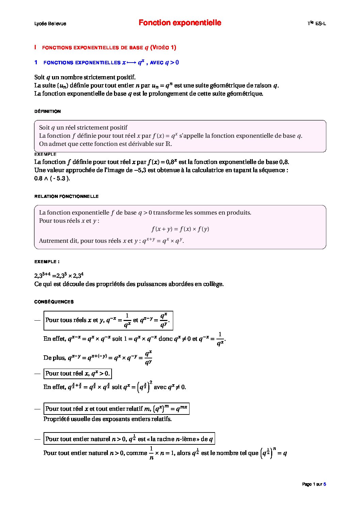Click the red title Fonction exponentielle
click(180, 23)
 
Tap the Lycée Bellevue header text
click(50, 23)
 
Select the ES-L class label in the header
click(320, 23)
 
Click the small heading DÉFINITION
click(48, 111)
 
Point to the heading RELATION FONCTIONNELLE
click(66, 196)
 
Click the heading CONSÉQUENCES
click(54, 302)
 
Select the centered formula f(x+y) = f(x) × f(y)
click(180, 229)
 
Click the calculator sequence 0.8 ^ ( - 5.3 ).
click(52, 178)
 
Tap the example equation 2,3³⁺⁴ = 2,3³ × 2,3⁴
click(59, 275)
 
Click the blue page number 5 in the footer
click(325, 484)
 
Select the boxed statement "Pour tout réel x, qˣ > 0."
click(78, 373)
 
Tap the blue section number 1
click(36, 62)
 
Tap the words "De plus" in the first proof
click(54, 358)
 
